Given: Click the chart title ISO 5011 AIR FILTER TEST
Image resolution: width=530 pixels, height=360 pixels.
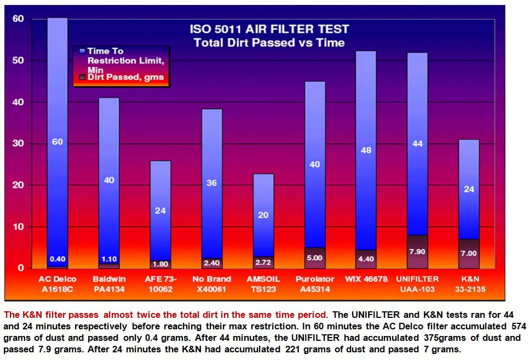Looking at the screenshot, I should tap(269, 29).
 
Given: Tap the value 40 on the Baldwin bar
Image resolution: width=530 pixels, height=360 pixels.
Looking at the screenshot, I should tap(109, 180).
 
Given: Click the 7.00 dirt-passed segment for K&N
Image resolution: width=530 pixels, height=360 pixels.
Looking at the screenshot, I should tap(469, 253).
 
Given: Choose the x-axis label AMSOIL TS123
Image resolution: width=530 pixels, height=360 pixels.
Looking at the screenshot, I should tap(263, 283).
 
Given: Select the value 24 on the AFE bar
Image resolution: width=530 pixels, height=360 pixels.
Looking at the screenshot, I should tap(160, 210).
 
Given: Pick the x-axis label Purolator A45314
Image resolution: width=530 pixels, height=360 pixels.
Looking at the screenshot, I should tap(315, 283).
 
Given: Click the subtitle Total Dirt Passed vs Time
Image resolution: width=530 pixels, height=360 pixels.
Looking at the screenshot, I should tap(269, 43).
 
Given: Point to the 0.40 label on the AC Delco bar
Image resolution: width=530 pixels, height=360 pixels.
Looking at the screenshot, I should tap(58, 259).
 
